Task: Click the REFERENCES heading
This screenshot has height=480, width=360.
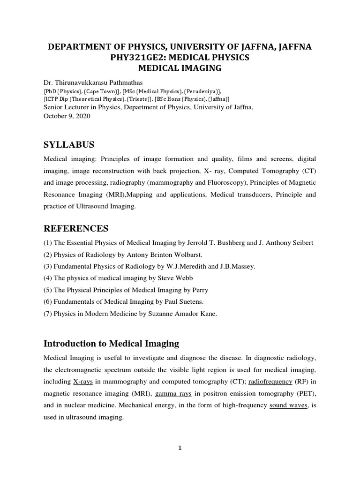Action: point(76,228)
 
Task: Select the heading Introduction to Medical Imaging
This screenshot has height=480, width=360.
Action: point(111,344)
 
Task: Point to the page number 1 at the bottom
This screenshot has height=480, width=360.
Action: point(180,448)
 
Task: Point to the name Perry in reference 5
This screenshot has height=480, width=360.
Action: point(199,290)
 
